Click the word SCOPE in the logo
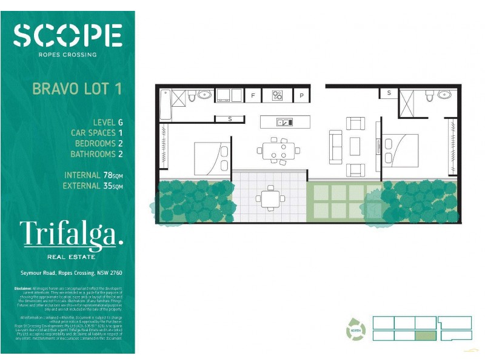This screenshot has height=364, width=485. pyautogui.click(x=67, y=35)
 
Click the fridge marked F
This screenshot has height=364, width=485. pyautogui.click(x=253, y=95)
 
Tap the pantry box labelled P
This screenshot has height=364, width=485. pyautogui.click(x=301, y=95)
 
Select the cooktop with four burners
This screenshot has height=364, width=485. pyautogui.click(x=277, y=95)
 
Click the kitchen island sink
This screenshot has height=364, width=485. pyautogui.click(x=284, y=122)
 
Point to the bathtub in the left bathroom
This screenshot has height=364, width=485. pyautogui.click(x=164, y=104)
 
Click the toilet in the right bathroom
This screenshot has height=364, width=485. pyautogui.click(x=429, y=95)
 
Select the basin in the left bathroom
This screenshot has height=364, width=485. pyautogui.click(x=204, y=95)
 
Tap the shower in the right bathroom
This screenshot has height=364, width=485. pyautogui.click(x=406, y=103)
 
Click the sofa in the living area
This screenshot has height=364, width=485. pyautogui.click(x=335, y=147)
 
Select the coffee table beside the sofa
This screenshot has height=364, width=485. pyautogui.click(x=355, y=146)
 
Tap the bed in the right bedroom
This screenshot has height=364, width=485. pyautogui.click(x=400, y=149)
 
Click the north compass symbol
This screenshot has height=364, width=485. pyautogui.click(x=356, y=329)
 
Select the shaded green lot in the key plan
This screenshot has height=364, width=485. pyautogui.click(x=426, y=335)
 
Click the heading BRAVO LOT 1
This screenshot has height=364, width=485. pyautogui.click(x=77, y=89)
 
